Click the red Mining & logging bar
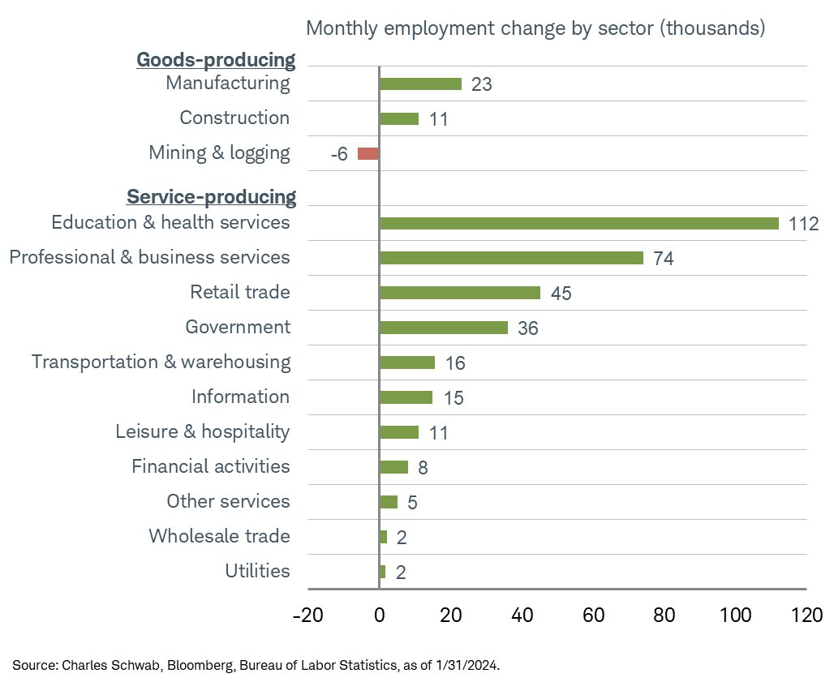[368, 153]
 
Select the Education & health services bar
[578, 223]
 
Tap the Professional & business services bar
[511, 258]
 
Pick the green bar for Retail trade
[459, 293]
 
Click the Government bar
[443, 328]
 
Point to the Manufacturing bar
[420, 84]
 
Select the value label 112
[803, 224]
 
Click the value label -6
[339, 154]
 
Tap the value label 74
[664, 259]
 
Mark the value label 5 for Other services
[412, 503]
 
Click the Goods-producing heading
[215, 60]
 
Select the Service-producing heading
[211, 197]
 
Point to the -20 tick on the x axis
[307, 615]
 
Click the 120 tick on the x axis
[806, 615]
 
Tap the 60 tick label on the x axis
[593, 615]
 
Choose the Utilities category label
[257, 571]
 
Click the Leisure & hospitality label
[202, 431]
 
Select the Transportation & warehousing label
[161, 362]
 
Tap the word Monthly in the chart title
[340, 28]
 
